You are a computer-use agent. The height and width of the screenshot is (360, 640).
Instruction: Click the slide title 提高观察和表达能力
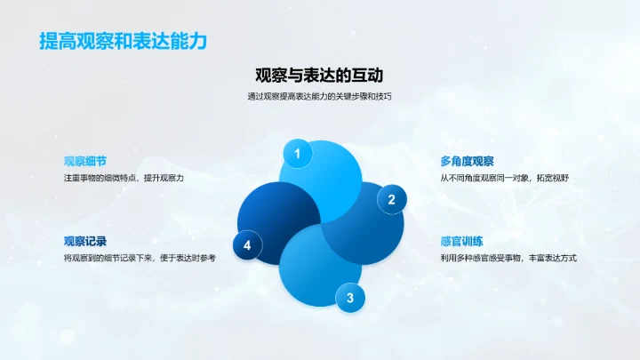pos(116,42)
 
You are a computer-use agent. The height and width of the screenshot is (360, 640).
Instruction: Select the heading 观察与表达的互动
pos(319,76)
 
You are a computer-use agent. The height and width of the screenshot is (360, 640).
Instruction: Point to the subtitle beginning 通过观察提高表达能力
pos(319,97)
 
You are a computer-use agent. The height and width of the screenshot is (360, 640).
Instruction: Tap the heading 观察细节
pos(85,161)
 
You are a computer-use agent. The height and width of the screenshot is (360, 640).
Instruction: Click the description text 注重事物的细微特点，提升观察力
pos(124,178)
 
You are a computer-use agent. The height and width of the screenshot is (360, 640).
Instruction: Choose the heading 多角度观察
pos(467,161)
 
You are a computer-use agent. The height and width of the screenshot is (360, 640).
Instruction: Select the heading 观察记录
pos(85,240)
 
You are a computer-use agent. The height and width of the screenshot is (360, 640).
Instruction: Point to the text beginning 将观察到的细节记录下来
pos(140,257)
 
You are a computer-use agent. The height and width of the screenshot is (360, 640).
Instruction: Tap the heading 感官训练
pos(461,240)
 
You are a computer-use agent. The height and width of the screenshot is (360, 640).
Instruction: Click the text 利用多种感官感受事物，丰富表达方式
pos(508,257)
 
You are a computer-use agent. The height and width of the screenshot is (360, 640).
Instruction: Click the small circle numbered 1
pos(297,155)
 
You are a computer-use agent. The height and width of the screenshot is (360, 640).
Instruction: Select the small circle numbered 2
pos(391,200)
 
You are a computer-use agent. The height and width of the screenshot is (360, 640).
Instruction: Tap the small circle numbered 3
pos(349,297)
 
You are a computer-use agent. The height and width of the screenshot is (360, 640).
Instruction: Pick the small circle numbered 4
pos(247,245)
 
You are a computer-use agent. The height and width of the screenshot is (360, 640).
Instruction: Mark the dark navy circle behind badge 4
pos(271,218)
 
